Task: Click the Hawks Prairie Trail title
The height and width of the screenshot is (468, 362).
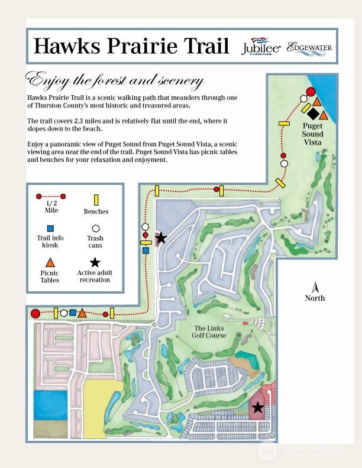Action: point(131,45)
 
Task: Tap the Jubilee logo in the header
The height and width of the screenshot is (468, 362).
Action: point(260,47)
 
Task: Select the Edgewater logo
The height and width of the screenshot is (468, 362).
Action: point(309,47)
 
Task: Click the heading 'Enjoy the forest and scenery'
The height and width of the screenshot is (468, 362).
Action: point(115,80)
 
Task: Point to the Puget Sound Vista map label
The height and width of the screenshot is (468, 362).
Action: point(313,134)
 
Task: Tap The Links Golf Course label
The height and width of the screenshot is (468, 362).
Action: point(209,332)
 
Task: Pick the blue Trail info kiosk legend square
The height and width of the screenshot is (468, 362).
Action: point(50,228)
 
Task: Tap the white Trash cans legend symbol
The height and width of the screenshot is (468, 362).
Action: point(95,228)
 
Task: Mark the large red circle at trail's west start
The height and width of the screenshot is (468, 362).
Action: point(35,314)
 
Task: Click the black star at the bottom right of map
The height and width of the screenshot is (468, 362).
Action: point(257,407)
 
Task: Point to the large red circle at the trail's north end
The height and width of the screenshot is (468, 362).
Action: point(310,92)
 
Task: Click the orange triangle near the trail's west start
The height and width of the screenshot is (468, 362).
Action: point(82,313)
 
